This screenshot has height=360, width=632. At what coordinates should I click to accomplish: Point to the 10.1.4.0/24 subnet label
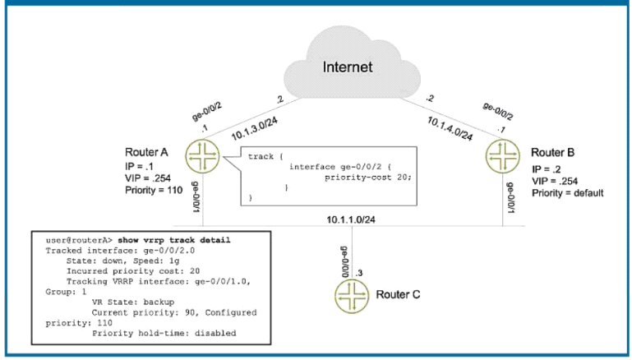pos(450,127)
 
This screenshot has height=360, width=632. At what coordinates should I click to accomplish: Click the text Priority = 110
pos(154,189)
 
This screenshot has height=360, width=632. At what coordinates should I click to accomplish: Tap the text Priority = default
pos(568,193)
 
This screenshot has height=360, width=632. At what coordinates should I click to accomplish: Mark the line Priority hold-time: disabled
pos(164,333)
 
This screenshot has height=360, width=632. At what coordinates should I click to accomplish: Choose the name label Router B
pos(553,153)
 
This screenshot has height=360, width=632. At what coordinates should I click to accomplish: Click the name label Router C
pos(399,294)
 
